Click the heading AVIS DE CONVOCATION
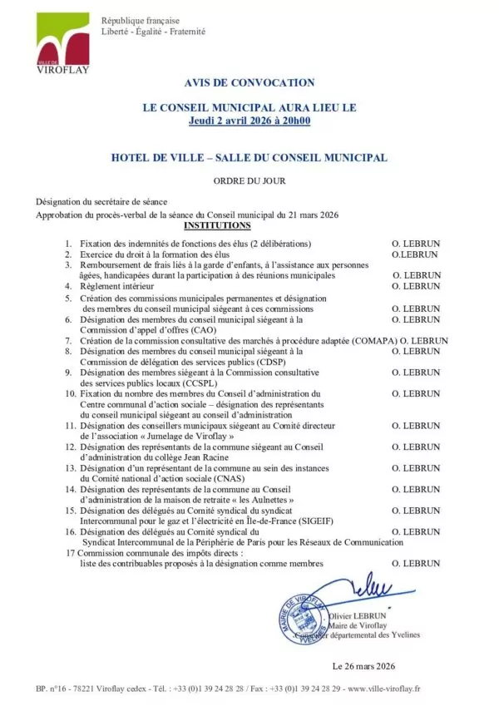249,82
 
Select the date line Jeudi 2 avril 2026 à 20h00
249,121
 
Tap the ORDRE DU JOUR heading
248,180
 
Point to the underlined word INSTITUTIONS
216,225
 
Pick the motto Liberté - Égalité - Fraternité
153,32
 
